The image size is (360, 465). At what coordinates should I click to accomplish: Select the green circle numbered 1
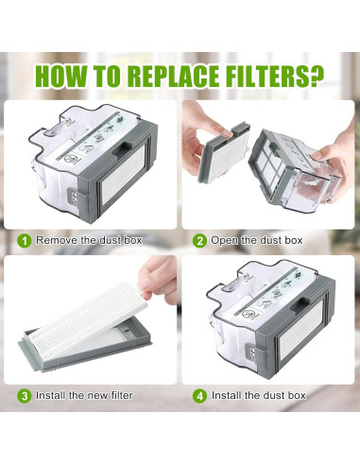(x=24, y=240)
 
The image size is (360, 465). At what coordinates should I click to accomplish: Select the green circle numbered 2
(x=200, y=240)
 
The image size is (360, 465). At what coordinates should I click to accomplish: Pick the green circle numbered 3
(x=24, y=394)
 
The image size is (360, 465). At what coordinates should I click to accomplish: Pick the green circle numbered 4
(x=200, y=394)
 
